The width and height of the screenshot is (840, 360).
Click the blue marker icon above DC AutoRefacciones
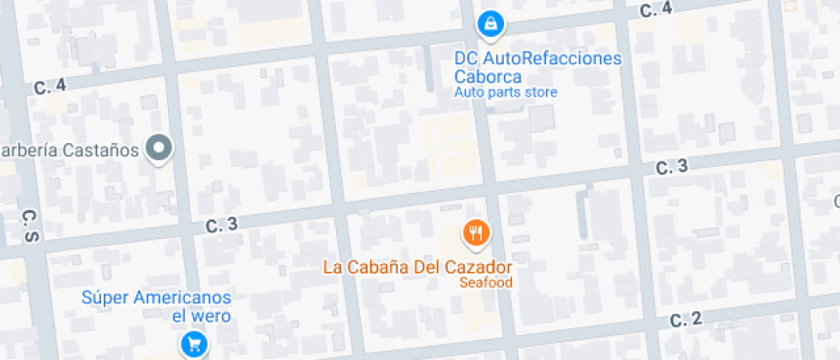489,24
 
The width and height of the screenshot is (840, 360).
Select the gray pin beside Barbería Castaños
159,149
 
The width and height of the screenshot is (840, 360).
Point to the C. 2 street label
686,320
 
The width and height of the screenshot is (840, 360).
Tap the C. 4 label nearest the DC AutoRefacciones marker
656,9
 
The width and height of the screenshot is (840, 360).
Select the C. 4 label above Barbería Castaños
50,86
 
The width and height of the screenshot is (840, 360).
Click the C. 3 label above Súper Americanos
221,225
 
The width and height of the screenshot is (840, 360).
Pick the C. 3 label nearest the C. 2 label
671,167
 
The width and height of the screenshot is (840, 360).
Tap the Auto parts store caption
506,92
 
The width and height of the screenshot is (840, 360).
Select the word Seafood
485,282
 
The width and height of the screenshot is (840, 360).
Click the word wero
213,315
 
